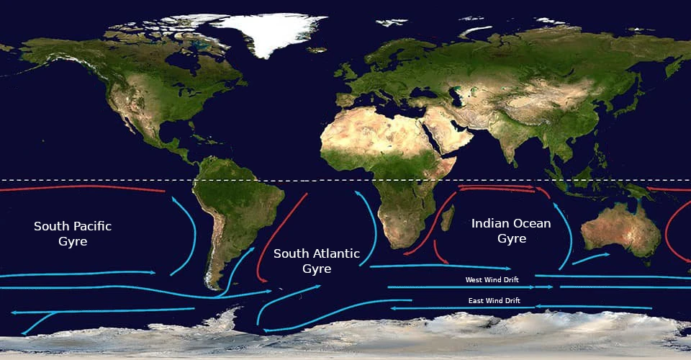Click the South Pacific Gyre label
(x=73, y=234)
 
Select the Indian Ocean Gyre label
(x=511, y=230)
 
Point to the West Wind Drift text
(x=492, y=279)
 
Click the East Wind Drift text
(x=494, y=300)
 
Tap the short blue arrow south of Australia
(x=591, y=257)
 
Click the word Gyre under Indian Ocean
(x=511, y=238)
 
